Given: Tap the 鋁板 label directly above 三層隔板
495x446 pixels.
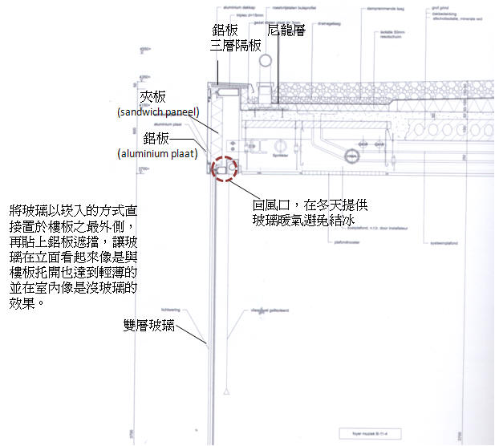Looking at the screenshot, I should [225, 30].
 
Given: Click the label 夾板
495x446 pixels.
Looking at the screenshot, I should [153, 96].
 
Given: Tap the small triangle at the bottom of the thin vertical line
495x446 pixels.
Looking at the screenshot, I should [227, 391].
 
